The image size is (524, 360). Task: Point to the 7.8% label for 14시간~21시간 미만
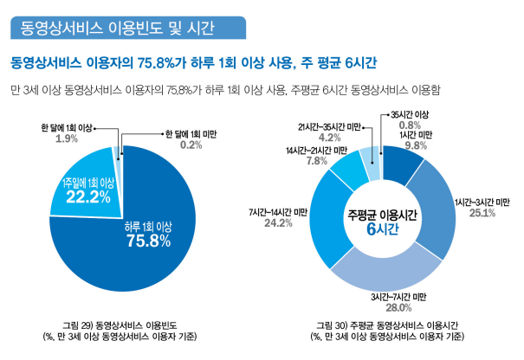coord(315,161)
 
